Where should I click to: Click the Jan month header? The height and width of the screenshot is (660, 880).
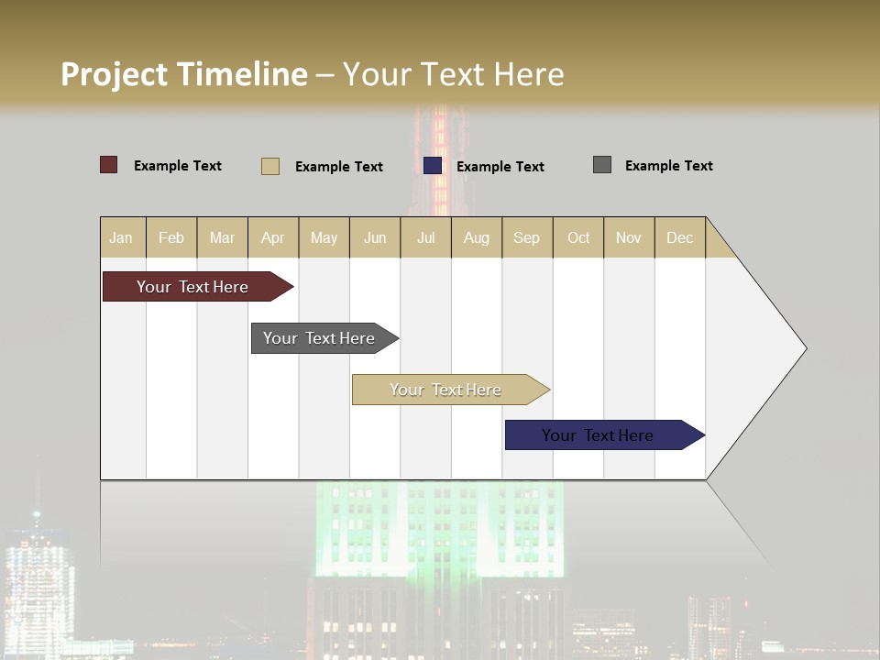click(122, 237)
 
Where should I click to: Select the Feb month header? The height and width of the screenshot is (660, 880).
click(171, 237)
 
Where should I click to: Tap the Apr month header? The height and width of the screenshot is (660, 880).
click(273, 237)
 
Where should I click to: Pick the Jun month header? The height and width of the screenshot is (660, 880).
click(375, 237)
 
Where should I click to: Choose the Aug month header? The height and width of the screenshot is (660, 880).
click(477, 237)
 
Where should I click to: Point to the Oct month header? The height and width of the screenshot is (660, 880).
click(578, 237)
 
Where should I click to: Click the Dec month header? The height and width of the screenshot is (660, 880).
click(680, 237)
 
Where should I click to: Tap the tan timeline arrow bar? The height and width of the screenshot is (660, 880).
click(446, 390)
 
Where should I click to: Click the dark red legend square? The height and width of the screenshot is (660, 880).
click(109, 165)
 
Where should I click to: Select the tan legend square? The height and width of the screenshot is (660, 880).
click(270, 166)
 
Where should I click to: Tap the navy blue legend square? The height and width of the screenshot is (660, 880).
click(433, 166)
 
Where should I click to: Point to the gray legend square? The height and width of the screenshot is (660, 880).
click(602, 165)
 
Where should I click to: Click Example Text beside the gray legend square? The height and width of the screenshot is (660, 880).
click(668, 166)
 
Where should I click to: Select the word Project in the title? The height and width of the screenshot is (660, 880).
click(114, 74)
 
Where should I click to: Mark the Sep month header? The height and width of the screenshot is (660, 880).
click(527, 237)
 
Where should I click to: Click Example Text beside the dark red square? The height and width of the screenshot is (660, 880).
click(178, 166)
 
